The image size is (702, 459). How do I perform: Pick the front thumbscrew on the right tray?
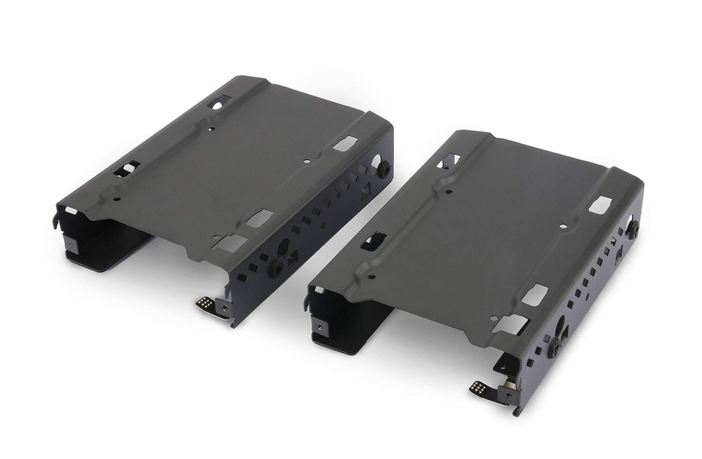(554, 345)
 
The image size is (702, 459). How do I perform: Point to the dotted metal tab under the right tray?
(480, 387)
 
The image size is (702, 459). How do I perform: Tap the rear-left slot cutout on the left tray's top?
(218, 104)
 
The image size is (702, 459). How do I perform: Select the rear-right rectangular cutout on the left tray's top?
(344, 144)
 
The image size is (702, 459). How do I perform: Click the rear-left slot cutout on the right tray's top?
(449, 161)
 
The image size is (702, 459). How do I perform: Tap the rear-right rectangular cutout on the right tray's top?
(599, 206)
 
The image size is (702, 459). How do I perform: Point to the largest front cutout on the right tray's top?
(511, 324)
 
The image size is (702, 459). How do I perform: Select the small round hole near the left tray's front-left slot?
(117, 199)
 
